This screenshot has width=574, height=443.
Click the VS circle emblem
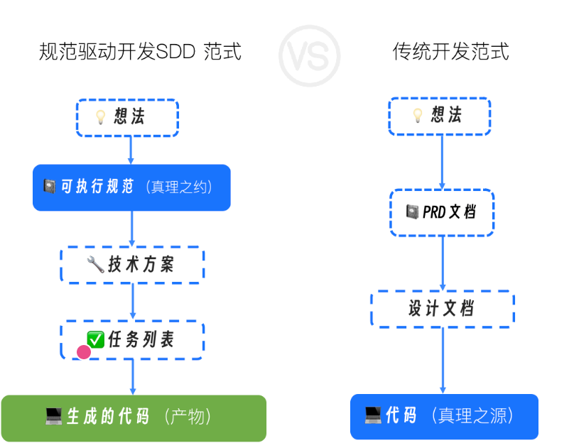pyautogui.click(x=309, y=56)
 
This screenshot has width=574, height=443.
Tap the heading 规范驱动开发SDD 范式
pyautogui.click(x=140, y=52)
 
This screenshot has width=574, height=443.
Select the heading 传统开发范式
pyautogui.click(x=450, y=52)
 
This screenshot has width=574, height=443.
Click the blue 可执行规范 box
pyautogui.click(x=131, y=187)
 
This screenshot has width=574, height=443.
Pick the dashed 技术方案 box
pyautogui.click(x=132, y=265)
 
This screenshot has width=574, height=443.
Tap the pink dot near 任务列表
pyautogui.click(x=84, y=351)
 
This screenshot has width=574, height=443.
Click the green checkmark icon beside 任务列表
pyautogui.click(x=95, y=340)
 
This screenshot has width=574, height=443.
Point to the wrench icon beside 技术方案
pyautogui.click(x=95, y=265)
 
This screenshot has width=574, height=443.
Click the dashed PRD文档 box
pyautogui.click(x=442, y=212)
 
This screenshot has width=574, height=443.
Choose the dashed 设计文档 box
pyautogui.click(x=442, y=309)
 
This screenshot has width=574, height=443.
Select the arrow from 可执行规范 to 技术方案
pyautogui.click(x=132, y=229)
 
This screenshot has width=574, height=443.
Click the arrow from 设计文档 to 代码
pyautogui.click(x=443, y=361)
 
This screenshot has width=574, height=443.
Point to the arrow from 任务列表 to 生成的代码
pyautogui.click(x=132, y=376)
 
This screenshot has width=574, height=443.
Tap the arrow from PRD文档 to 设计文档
pyautogui.click(x=443, y=263)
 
